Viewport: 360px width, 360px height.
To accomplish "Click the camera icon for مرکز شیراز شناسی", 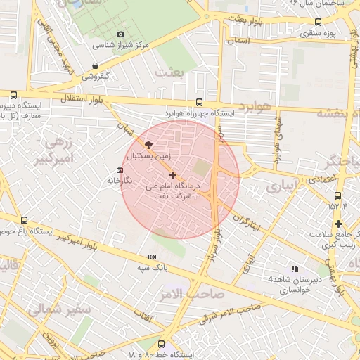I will [120, 34].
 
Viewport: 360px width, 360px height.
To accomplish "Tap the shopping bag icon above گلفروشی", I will [94, 66].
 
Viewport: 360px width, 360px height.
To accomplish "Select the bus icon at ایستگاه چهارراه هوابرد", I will [200, 102].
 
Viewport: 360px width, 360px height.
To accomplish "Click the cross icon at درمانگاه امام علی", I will [173, 174].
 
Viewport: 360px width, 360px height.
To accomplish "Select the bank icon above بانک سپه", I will [152, 257].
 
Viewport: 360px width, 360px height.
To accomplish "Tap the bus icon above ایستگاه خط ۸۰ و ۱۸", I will [162, 345].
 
